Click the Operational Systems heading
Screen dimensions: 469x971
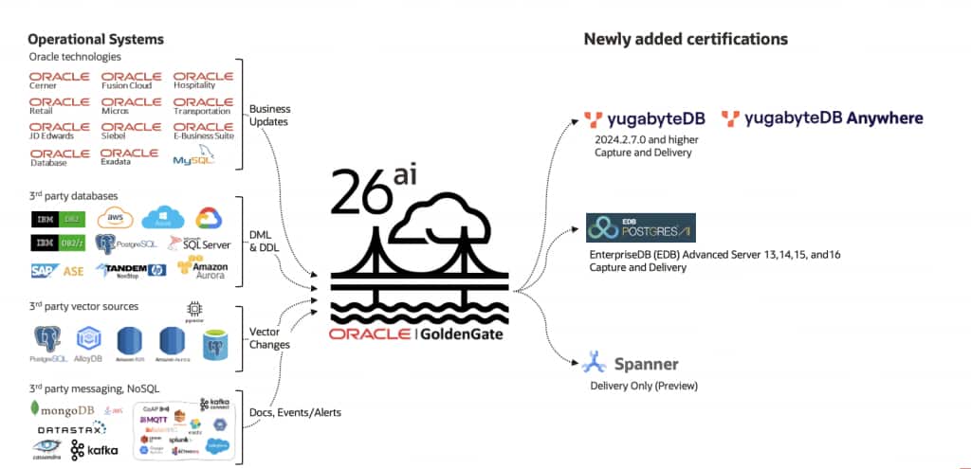coord(96,39)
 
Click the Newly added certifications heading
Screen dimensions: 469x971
coord(685,39)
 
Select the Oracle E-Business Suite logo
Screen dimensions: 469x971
coord(203,131)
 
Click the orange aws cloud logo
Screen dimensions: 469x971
coord(116,218)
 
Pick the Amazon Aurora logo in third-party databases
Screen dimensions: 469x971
coord(203,270)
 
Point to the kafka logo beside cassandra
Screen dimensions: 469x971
coord(94,449)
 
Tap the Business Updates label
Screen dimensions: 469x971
coord(271,115)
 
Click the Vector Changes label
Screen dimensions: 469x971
coord(268,338)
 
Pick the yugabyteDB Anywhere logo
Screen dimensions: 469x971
coord(821,118)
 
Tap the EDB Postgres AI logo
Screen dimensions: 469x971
coord(641,227)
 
